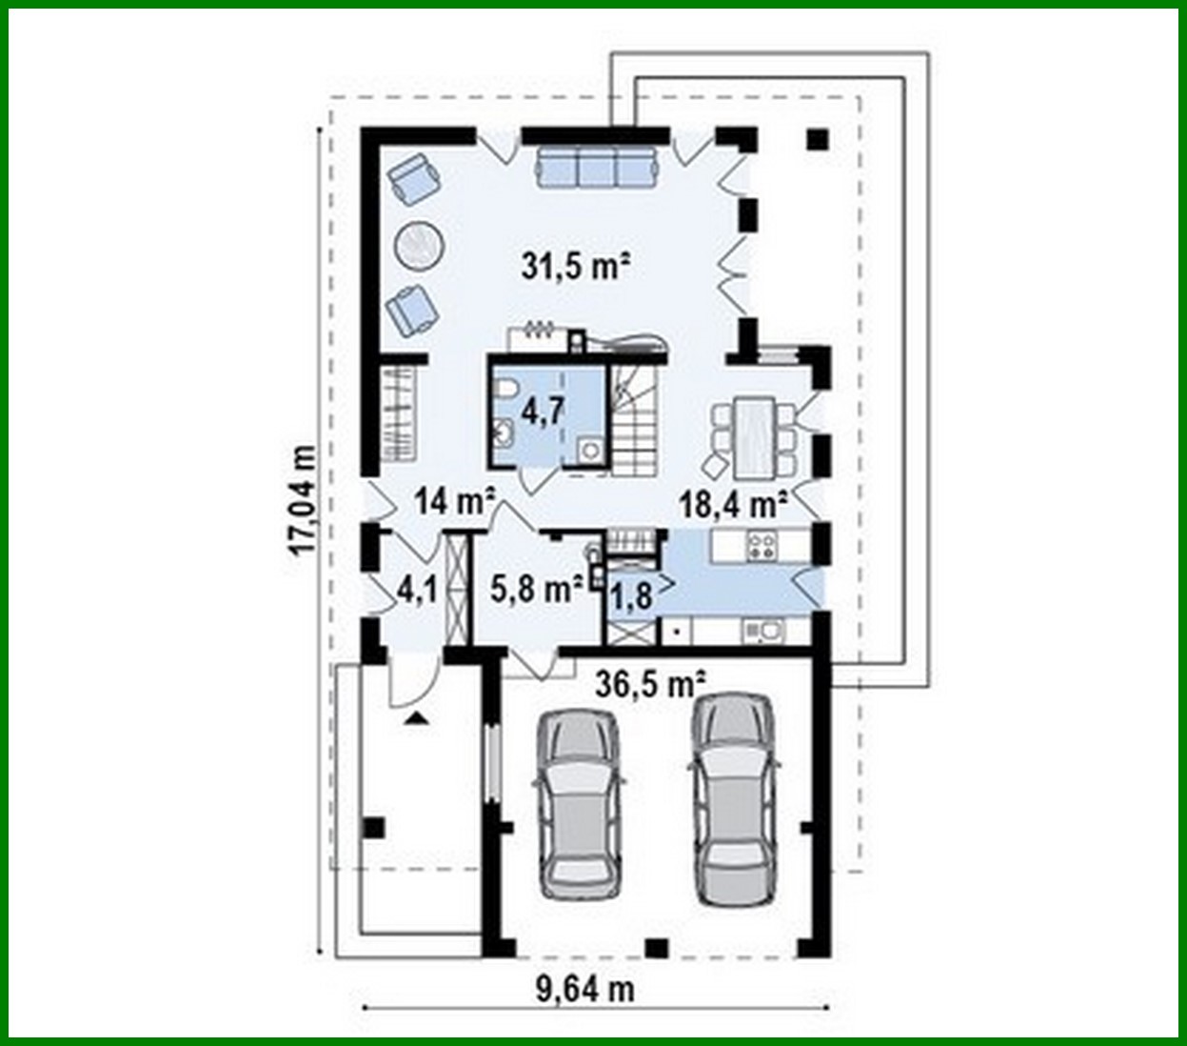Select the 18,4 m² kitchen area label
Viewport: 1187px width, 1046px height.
point(732,504)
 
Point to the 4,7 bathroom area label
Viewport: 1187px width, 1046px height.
point(544,412)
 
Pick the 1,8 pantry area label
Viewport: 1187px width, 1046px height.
point(632,598)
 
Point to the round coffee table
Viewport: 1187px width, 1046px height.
point(418,246)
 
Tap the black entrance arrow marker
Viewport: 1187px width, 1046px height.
point(414,717)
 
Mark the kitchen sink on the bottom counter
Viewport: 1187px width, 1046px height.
point(765,632)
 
